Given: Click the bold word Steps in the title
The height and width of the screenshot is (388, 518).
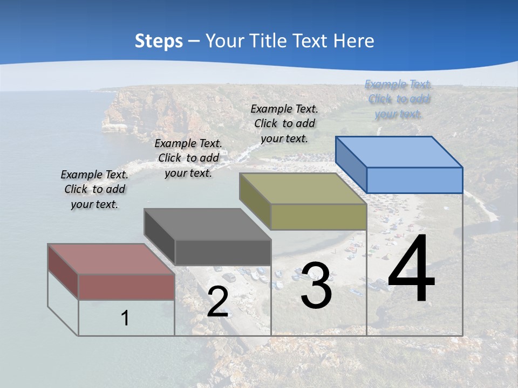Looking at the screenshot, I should (x=159, y=41).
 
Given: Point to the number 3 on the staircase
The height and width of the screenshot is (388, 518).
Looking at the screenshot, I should (x=316, y=286).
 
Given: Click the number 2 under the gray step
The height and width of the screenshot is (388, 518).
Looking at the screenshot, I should (x=217, y=302).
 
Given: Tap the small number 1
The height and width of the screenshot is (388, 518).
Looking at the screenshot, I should (x=125, y=318).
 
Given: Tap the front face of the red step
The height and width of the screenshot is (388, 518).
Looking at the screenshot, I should (x=126, y=287).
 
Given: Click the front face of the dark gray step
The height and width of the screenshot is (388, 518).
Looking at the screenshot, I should (x=222, y=252).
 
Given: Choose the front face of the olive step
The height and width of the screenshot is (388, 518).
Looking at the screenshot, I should (x=318, y=217).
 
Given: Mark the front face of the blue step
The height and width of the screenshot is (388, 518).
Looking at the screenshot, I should (x=414, y=180).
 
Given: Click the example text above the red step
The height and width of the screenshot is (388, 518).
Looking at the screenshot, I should (x=94, y=189).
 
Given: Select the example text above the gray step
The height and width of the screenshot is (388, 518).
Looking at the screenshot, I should (x=188, y=158).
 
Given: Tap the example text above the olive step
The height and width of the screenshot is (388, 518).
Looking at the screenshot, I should (x=284, y=123).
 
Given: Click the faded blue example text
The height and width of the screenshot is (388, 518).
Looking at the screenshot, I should (x=398, y=99).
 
